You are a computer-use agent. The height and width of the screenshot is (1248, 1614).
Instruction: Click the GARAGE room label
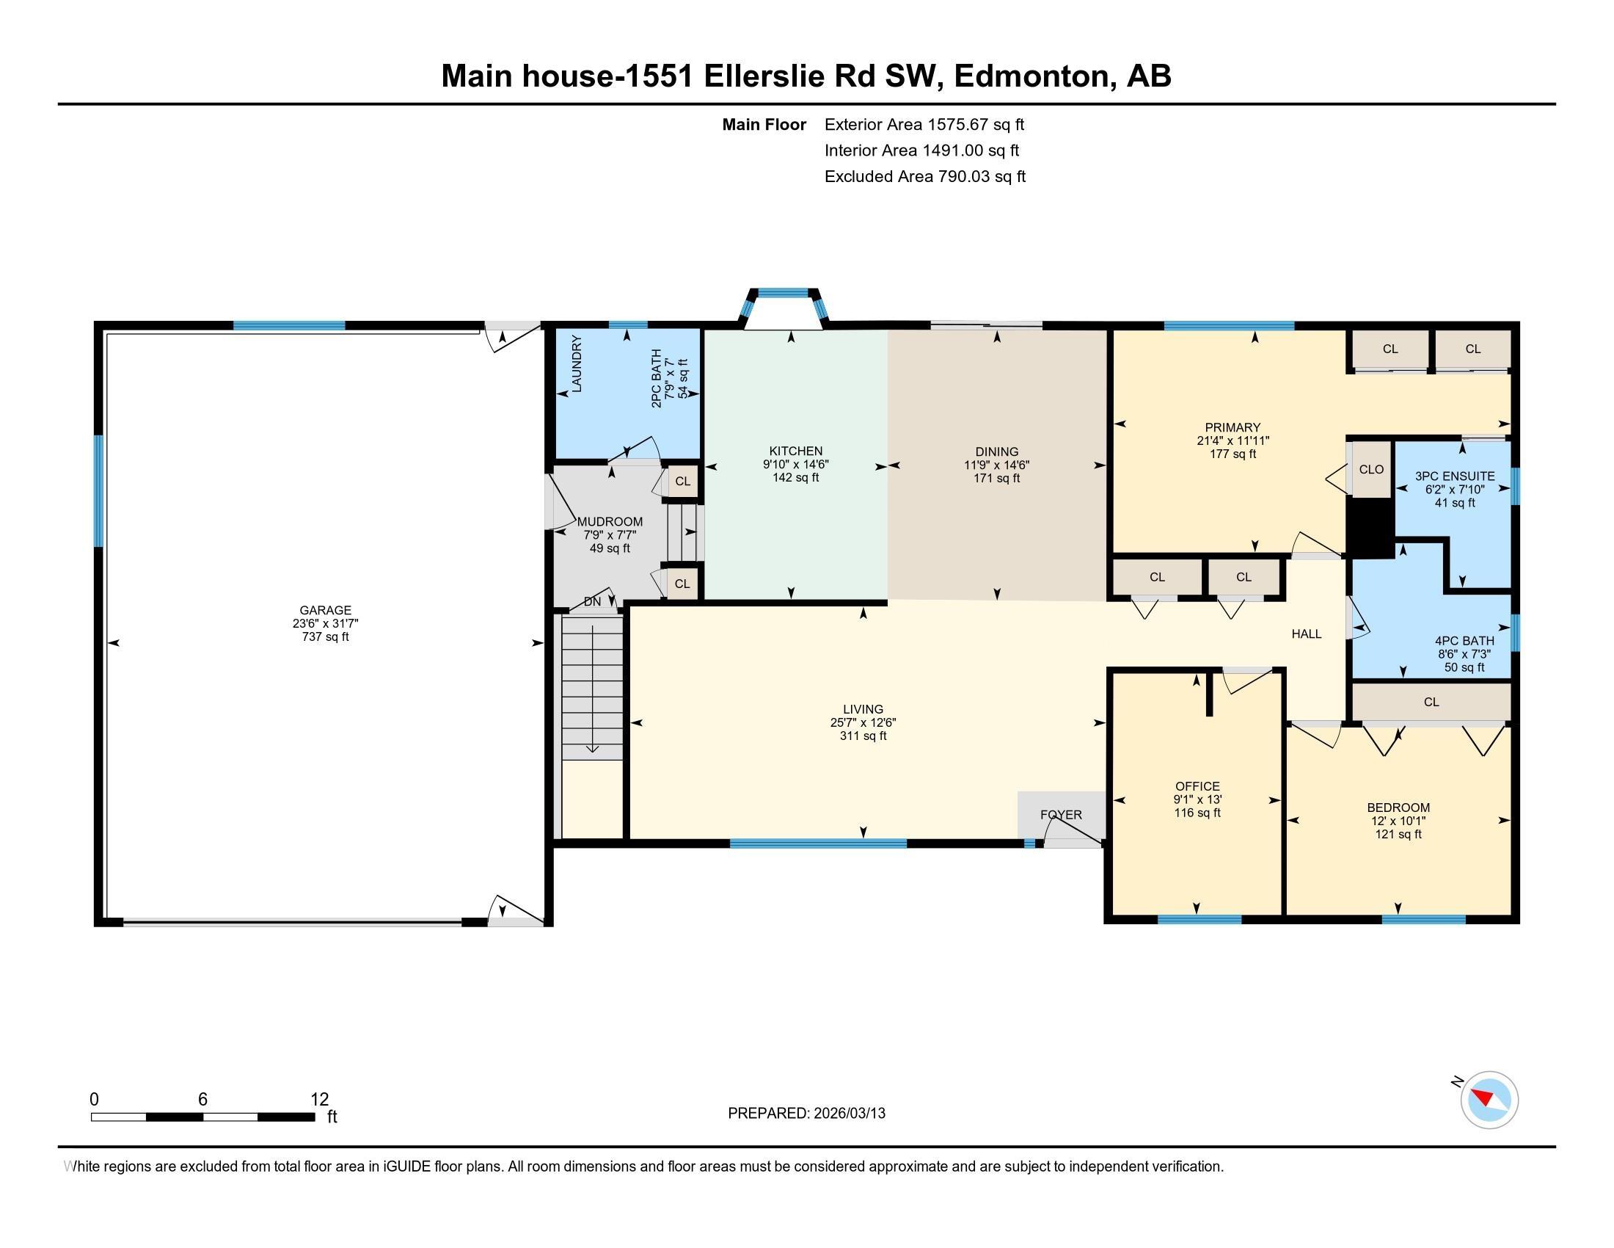click(325, 610)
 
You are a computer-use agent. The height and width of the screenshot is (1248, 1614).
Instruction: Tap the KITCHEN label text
click(795, 451)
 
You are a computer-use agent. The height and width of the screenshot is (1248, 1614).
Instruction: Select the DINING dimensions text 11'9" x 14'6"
click(996, 465)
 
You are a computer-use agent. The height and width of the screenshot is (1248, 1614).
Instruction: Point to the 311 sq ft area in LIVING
click(863, 736)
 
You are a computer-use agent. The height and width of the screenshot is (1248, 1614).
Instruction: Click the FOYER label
click(1061, 815)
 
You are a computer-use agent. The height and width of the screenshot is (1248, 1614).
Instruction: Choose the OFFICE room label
click(1197, 786)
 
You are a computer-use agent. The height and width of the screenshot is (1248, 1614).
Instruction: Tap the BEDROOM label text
click(1398, 808)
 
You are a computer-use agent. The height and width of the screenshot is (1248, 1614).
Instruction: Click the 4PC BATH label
click(1464, 641)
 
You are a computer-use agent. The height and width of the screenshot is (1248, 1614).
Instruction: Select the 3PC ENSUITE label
click(1454, 476)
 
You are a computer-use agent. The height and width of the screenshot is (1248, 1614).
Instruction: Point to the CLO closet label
click(1371, 470)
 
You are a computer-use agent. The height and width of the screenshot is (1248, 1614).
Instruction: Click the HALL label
click(1306, 634)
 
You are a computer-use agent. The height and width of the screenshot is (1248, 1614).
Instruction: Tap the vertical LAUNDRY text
click(577, 363)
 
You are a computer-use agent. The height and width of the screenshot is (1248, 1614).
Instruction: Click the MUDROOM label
click(610, 521)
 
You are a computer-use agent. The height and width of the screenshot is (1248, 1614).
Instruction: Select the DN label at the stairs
click(592, 602)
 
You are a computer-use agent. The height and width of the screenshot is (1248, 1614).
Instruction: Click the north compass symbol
click(1489, 1100)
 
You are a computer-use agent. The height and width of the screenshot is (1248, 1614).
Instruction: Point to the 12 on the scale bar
click(319, 1099)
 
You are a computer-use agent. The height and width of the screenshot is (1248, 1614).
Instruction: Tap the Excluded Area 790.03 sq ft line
click(924, 177)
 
